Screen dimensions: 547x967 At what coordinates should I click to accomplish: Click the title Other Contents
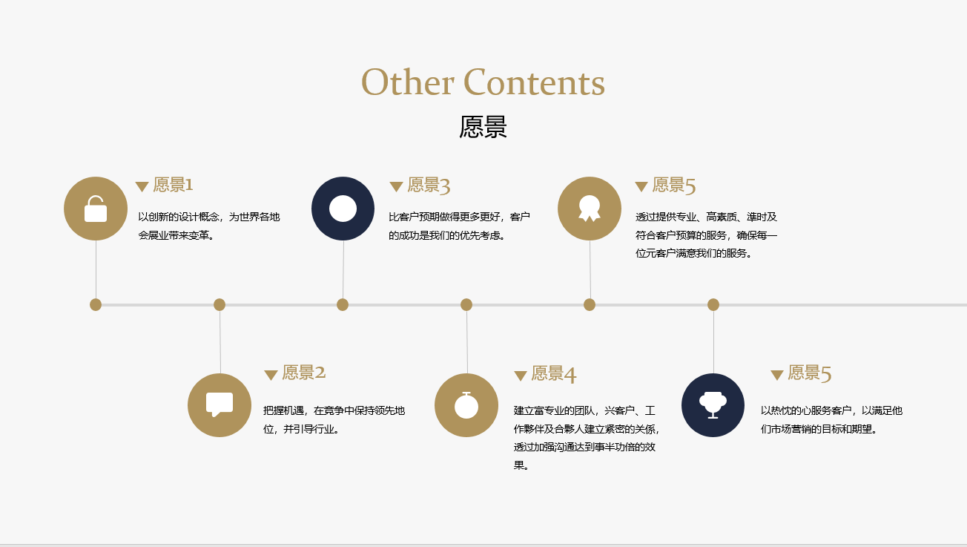point(483,82)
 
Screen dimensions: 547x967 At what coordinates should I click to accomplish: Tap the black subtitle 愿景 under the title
point(483,127)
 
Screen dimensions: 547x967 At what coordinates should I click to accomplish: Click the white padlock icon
point(96,209)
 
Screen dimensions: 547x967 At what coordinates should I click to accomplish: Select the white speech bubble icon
point(220,404)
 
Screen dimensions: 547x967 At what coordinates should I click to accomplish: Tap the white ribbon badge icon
point(589,209)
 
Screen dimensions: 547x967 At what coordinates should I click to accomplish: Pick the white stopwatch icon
point(466,405)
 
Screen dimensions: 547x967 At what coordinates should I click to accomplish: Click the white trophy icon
point(713,404)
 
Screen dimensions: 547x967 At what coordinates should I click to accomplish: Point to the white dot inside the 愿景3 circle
point(343,209)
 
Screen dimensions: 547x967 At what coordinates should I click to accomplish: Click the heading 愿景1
point(173,185)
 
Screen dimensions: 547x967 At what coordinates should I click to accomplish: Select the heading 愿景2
point(304,373)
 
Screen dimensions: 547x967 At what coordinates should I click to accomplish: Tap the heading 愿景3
point(429,186)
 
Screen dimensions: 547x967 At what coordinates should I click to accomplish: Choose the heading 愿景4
point(553,374)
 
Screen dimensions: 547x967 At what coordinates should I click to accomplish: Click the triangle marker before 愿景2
point(271,375)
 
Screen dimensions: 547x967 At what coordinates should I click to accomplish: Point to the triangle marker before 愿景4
point(521,376)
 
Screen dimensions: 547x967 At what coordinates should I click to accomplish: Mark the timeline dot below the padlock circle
point(96,304)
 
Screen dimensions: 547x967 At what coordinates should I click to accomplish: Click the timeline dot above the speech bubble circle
point(220,304)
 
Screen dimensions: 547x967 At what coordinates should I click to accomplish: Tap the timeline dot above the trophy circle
point(713,304)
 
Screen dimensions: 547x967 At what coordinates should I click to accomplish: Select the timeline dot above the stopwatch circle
point(466,304)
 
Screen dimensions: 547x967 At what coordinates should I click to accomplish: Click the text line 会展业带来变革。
point(176,236)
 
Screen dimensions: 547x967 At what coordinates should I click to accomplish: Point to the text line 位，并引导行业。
point(301,429)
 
